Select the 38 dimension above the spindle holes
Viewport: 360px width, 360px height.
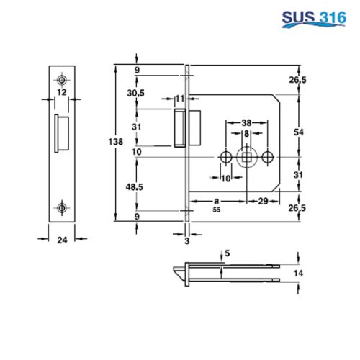tap(246, 122)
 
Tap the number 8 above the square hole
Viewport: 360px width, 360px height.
tap(246, 134)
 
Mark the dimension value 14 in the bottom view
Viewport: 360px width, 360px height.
tap(308, 274)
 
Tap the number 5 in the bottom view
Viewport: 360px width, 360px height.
tap(228, 253)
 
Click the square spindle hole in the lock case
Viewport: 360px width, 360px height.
tap(247, 156)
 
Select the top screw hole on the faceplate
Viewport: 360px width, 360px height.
tap(63, 78)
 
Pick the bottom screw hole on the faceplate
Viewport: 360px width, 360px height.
tap(63, 208)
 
